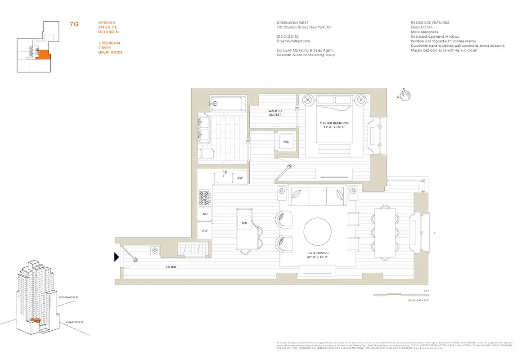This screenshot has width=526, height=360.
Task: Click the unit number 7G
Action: [x=74, y=24]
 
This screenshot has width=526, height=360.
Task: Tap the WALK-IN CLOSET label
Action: [x=274, y=112]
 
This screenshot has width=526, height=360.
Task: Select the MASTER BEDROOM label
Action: [x=334, y=125]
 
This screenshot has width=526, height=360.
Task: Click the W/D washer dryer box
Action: [x=286, y=142]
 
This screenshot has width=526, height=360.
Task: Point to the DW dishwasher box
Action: [x=240, y=178]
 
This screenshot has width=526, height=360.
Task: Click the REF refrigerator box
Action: [x=205, y=231]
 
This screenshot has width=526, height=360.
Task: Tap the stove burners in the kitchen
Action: [x=205, y=197]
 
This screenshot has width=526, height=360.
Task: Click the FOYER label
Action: [x=171, y=267]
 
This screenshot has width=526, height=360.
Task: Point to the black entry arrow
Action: [x=117, y=257]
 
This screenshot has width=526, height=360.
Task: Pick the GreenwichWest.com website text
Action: [x=291, y=40]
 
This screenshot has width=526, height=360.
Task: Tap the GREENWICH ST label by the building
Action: [x=69, y=297]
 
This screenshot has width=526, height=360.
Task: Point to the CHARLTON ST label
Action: [x=75, y=322]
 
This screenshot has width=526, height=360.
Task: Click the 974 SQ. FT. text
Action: [x=108, y=27]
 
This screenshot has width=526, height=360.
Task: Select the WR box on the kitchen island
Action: [x=244, y=223]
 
